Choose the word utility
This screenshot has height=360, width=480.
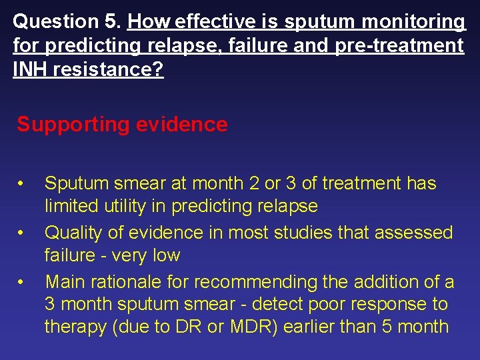pos(124,207)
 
